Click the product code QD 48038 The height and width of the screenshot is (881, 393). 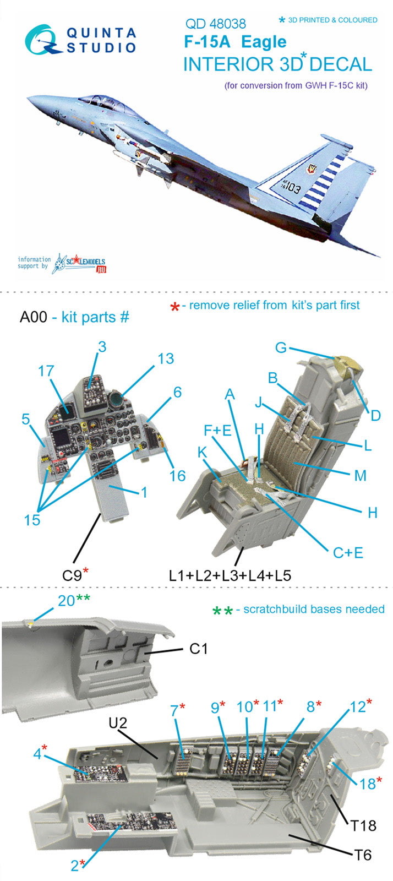point(215,24)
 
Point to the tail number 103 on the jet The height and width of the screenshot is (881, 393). point(292,188)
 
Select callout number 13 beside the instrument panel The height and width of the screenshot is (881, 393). point(165,359)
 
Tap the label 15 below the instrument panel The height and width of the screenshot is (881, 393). point(32,520)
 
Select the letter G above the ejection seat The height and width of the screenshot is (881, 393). point(281,348)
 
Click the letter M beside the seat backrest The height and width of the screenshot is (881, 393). point(360,475)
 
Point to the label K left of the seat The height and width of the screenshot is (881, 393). point(202,452)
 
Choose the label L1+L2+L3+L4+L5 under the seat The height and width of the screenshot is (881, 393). point(230,575)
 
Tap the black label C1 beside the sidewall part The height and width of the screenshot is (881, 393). point(198,649)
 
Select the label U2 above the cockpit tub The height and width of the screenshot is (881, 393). point(118,722)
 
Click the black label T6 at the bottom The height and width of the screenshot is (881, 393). point(363,855)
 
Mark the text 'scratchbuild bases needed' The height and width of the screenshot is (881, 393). point(314,609)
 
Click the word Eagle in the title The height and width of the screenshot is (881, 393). point(264,42)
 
